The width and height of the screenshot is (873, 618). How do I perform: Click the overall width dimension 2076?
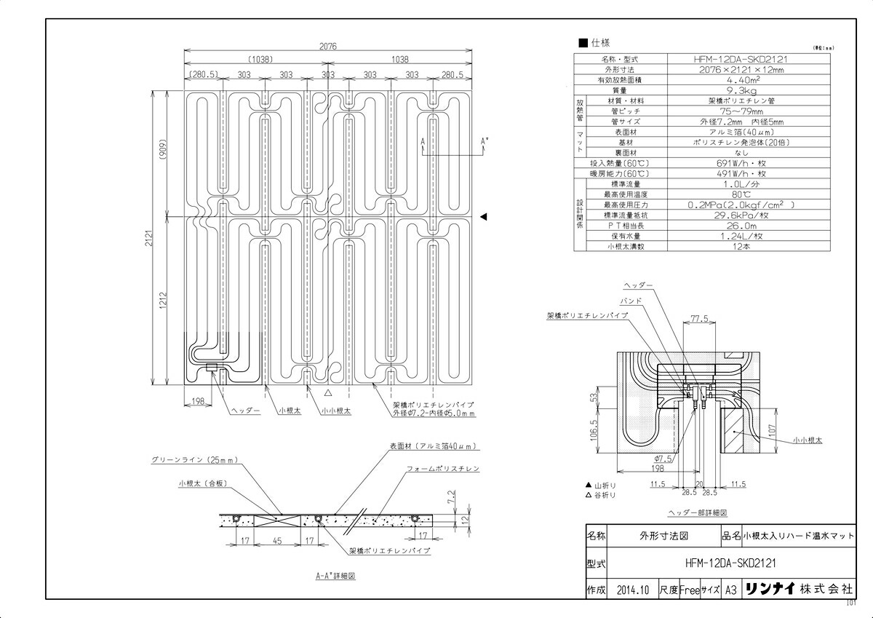click(x=328, y=45)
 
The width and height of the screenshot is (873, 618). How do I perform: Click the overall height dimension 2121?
click(x=146, y=237)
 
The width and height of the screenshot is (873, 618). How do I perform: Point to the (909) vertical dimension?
click(x=164, y=154)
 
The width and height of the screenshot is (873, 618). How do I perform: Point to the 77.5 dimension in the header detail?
click(x=700, y=319)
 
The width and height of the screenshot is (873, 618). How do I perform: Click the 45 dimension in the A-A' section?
click(x=276, y=540)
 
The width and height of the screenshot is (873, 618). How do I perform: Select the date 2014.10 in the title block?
click(x=631, y=590)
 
